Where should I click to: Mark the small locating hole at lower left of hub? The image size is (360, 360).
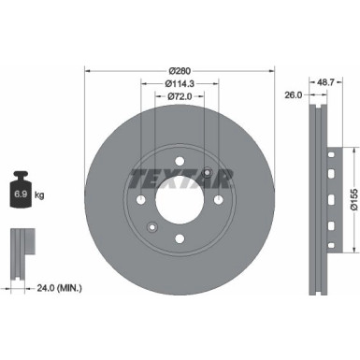pos(151,224)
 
